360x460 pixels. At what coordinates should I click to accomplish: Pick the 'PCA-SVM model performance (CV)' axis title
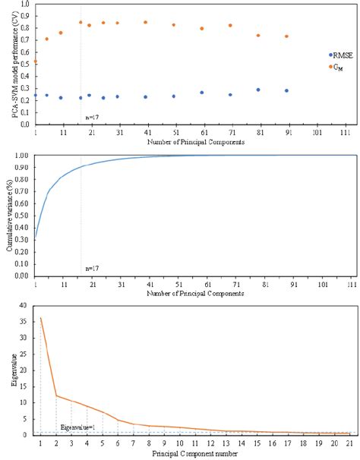point(10,64)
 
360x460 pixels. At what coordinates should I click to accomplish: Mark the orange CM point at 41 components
point(145,23)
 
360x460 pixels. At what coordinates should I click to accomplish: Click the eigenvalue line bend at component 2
point(56,395)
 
